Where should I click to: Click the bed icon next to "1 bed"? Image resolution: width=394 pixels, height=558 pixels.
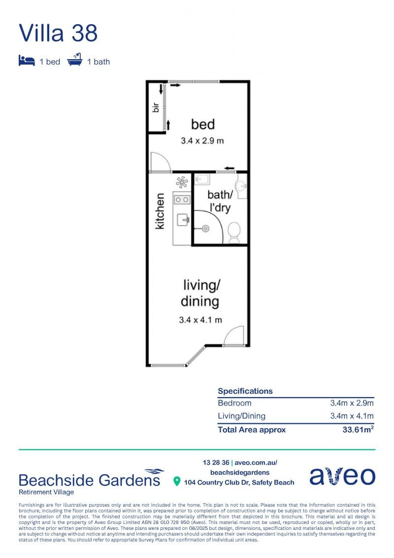[27, 61]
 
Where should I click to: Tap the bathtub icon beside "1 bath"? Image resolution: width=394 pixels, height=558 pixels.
[74, 60]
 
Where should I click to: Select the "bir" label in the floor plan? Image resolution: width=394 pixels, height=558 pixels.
[155, 108]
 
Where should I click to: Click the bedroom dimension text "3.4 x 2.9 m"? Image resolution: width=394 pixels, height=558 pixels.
[202, 141]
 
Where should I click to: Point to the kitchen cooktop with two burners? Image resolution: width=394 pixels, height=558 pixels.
[182, 200]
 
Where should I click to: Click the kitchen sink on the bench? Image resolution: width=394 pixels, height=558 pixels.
[183, 220]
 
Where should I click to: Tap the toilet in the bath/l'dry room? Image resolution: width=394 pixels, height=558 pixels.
[234, 233]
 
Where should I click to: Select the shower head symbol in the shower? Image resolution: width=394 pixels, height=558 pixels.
[205, 228]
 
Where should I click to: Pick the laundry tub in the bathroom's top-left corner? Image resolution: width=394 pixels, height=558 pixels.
[202, 179]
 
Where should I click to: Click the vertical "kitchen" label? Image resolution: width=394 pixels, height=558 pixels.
[160, 211]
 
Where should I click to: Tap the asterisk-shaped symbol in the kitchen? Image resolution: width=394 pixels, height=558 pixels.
[182, 183]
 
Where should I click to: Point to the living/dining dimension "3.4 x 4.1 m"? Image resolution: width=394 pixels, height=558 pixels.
[200, 320]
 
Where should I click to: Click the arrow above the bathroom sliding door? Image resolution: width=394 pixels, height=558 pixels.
[229, 168]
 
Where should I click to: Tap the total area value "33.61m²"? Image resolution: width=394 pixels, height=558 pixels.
[358, 429]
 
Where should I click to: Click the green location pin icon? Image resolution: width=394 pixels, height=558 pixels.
[177, 482]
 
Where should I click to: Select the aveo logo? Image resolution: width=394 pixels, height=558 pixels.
[342, 476]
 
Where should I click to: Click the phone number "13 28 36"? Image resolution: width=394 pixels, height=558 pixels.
[216, 463]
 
